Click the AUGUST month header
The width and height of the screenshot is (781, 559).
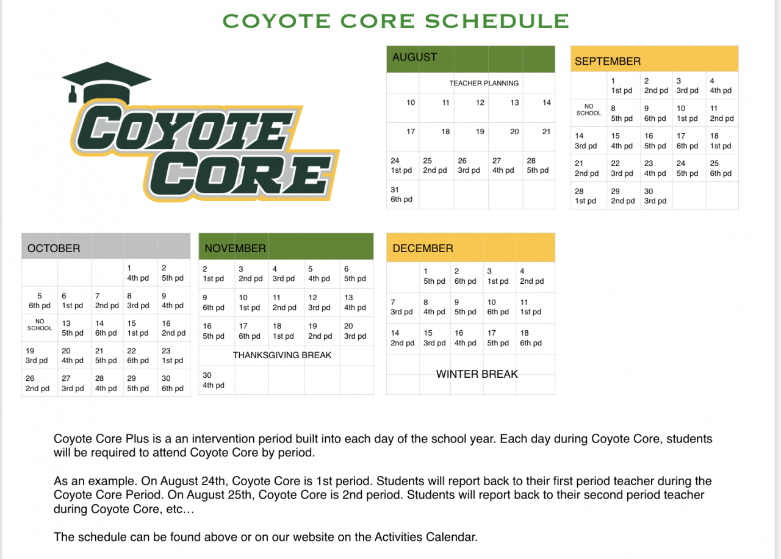coord(415,57)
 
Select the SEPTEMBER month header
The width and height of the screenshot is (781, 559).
coord(607,61)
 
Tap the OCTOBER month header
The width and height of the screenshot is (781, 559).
coord(54,248)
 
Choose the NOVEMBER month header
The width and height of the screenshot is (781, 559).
coord(235,248)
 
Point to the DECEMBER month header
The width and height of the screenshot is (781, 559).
coord(423,248)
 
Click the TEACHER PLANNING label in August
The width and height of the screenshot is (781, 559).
coord(484,83)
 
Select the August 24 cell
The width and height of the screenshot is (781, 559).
coord(402,165)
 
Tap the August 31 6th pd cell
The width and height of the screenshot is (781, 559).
coord(402,195)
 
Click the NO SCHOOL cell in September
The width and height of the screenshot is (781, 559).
coord(589,110)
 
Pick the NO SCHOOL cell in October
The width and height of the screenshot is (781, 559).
coord(40,325)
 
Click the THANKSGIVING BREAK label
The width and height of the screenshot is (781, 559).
coord(282,355)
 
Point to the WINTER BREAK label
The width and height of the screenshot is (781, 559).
coord(477,374)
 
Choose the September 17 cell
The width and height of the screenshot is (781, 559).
coord(688,141)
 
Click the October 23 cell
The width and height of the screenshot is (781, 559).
coord(173,356)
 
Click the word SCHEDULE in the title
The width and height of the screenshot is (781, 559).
coord(497,21)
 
